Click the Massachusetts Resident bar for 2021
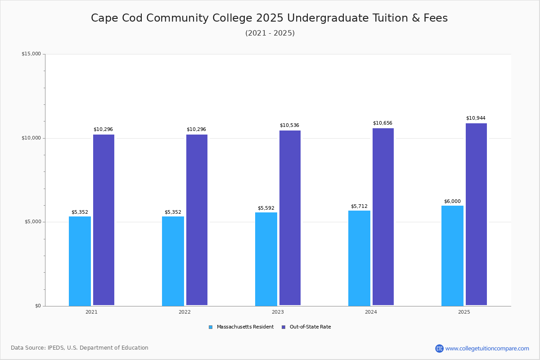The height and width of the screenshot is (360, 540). click(x=80, y=261)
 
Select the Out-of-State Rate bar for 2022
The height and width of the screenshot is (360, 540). click(x=197, y=220)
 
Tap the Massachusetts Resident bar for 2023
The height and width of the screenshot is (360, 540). click(x=266, y=259)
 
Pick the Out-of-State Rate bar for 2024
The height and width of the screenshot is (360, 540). click(x=383, y=217)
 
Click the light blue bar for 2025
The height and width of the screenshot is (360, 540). click(x=452, y=256)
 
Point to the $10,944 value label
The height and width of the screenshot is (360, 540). click(x=476, y=118)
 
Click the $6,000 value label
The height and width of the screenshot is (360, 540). click(x=452, y=202)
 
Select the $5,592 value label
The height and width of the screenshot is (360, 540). click(x=266, y=208)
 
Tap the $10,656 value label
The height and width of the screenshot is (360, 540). click(x=382, y=123)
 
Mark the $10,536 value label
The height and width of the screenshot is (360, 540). click(x=289, y=126)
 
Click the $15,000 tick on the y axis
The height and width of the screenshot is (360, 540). click(x=31, y=54)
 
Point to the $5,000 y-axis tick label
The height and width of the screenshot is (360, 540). click(x=32, y=222)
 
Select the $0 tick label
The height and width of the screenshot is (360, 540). click(x=38, y=306)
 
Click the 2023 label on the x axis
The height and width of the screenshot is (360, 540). click(x=278, y=312)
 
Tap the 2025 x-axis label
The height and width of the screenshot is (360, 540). click(x=464, y=312)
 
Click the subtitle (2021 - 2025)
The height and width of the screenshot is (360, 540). click(x=270, y=33)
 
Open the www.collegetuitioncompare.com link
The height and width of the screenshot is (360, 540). click(x=487, y=348)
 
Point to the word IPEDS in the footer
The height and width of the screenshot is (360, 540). click(x=56, y=348)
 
